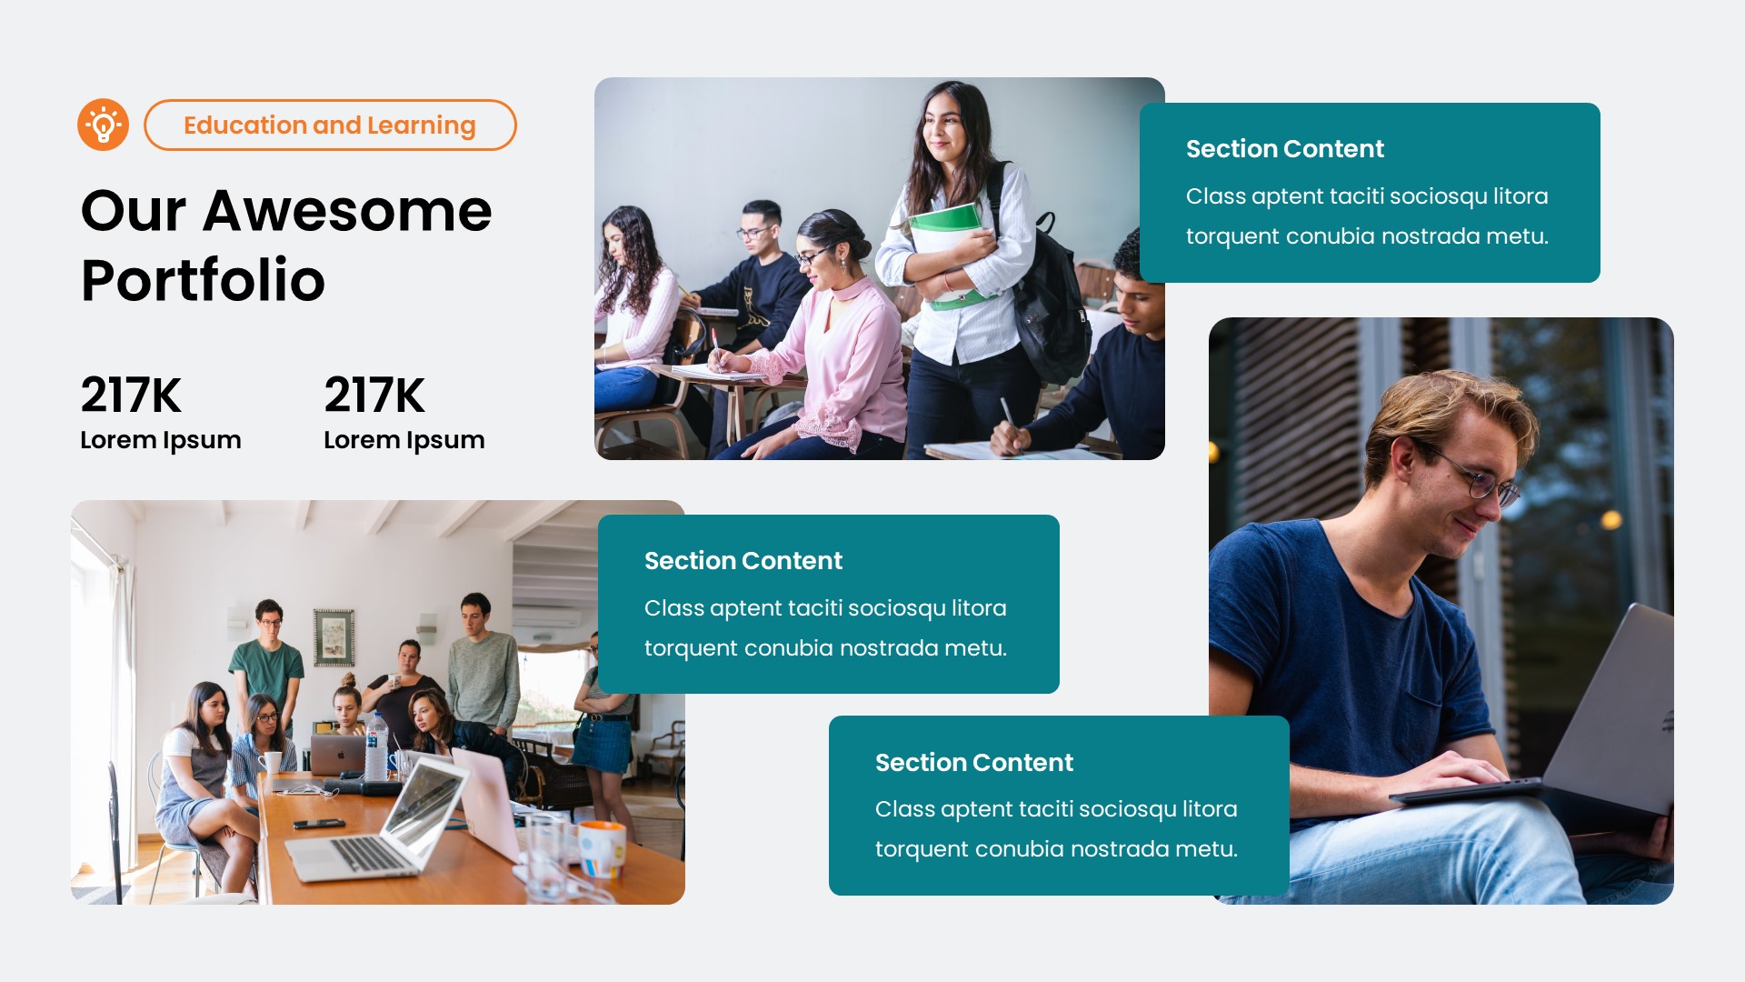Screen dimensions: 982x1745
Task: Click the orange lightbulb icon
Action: pos(103,125)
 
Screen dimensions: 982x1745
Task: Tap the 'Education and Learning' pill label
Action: pos(329,125)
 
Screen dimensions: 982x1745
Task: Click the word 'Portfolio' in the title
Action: pos(203,279)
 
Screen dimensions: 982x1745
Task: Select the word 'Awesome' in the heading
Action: pos(347,210)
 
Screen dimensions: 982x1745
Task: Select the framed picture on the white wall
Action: pos(334,636)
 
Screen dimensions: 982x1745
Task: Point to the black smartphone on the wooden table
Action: pos(318,824)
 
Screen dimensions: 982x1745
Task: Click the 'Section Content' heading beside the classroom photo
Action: pos(1284,148)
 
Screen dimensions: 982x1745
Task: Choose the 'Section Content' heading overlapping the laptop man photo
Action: pos(973,762)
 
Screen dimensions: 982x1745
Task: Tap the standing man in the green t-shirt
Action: pos(267,664)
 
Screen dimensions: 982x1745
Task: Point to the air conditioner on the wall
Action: pos(546,617)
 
